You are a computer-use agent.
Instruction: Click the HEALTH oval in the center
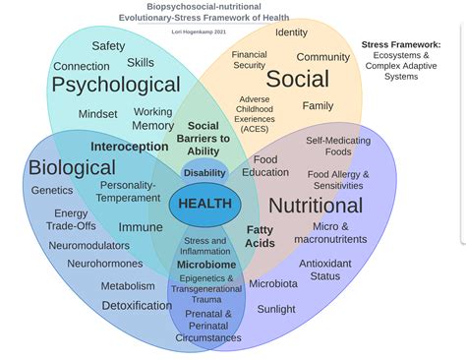click(x=204, y=205)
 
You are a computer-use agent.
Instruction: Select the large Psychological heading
click(x=116, y=86)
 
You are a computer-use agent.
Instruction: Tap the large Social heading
click(x=298, y=80)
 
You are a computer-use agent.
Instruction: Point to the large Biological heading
click(x=72, y=167)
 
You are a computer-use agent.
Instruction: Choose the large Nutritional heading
click(x=315, y=206)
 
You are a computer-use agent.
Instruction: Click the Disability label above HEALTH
click(x=204, y=173)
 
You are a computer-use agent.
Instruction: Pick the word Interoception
click(x=130, y=147)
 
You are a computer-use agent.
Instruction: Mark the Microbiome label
click(x=206, y=266)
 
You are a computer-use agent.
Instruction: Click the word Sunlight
click(x=276, y=309)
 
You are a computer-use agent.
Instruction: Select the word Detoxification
click(x=137, y=305)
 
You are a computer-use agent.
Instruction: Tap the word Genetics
click(x=52, y=191)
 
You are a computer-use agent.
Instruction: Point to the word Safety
click(x=108, y=46)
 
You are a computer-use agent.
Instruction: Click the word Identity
click(x=291, y=32)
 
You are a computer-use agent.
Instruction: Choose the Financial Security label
click(x=250, y=60)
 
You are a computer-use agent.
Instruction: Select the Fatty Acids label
click(x=261, y=236)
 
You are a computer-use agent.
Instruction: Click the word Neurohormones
click(x=105, y=264)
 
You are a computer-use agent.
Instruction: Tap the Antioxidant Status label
click(x=325, y=270)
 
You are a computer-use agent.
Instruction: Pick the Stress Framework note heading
click(x=400, y=44)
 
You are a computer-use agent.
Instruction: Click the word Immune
click(x=141, y=227)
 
